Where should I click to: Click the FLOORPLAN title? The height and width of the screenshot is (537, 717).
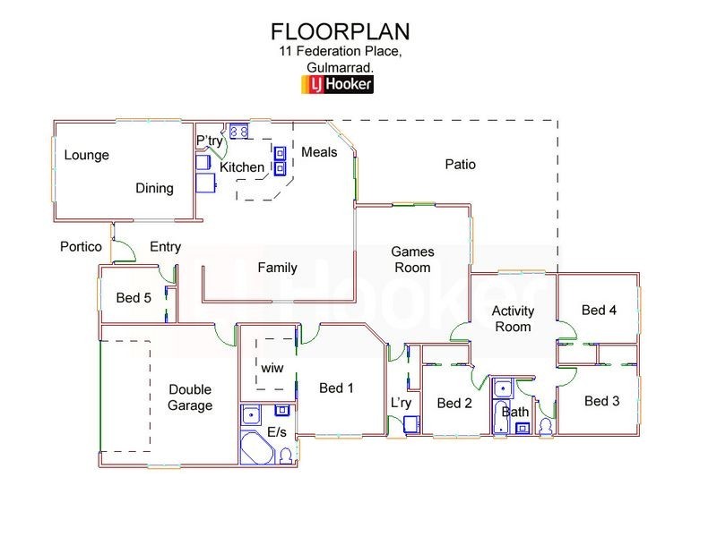pyautogui.click(x=341, y=31)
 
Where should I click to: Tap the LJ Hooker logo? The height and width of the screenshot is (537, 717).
pyautogui.click(x=341, y=85)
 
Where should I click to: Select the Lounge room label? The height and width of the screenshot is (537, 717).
pyautogui.click(x=86, y=155)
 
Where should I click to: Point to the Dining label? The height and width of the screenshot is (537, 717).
pyautogui.click(x=154, y=188)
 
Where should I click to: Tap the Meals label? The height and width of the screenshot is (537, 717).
pyautogui.click(x=319, y=152)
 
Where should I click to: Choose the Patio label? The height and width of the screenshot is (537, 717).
pyautogui.click(x=460, y=165)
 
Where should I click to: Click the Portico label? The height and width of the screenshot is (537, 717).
pyautogui.click(x=81, y=247)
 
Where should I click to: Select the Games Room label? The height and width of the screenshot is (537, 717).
pyautogui.click(x=411, y=260)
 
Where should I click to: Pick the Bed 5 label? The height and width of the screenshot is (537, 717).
pyautogui.click(x=134, y=297)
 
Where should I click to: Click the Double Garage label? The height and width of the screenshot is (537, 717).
pyautogui.click(x=190, y=397)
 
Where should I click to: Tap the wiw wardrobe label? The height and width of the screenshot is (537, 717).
pyautogui.click(x=271, y=368)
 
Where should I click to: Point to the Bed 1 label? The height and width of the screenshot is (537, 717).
pyautogui.click(x=337, y=388)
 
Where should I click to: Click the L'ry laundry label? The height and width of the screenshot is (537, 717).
pyautogui.click(x=401, y=403)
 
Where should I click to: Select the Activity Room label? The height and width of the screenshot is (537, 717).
pyautogui.click(x=514, y=319)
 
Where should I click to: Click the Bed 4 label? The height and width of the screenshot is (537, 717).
pyautogui.click(x=599, y=311)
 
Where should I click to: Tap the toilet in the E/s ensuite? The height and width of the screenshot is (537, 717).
pyautogui.click(x=286, y=456)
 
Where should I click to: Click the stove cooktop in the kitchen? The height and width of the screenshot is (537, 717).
pyautogui.click(x=239, y=132)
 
